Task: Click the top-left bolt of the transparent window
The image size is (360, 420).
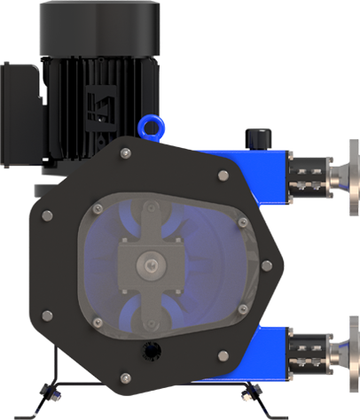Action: (98, 209)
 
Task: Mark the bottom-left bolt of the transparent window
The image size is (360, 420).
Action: (98, 322)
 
